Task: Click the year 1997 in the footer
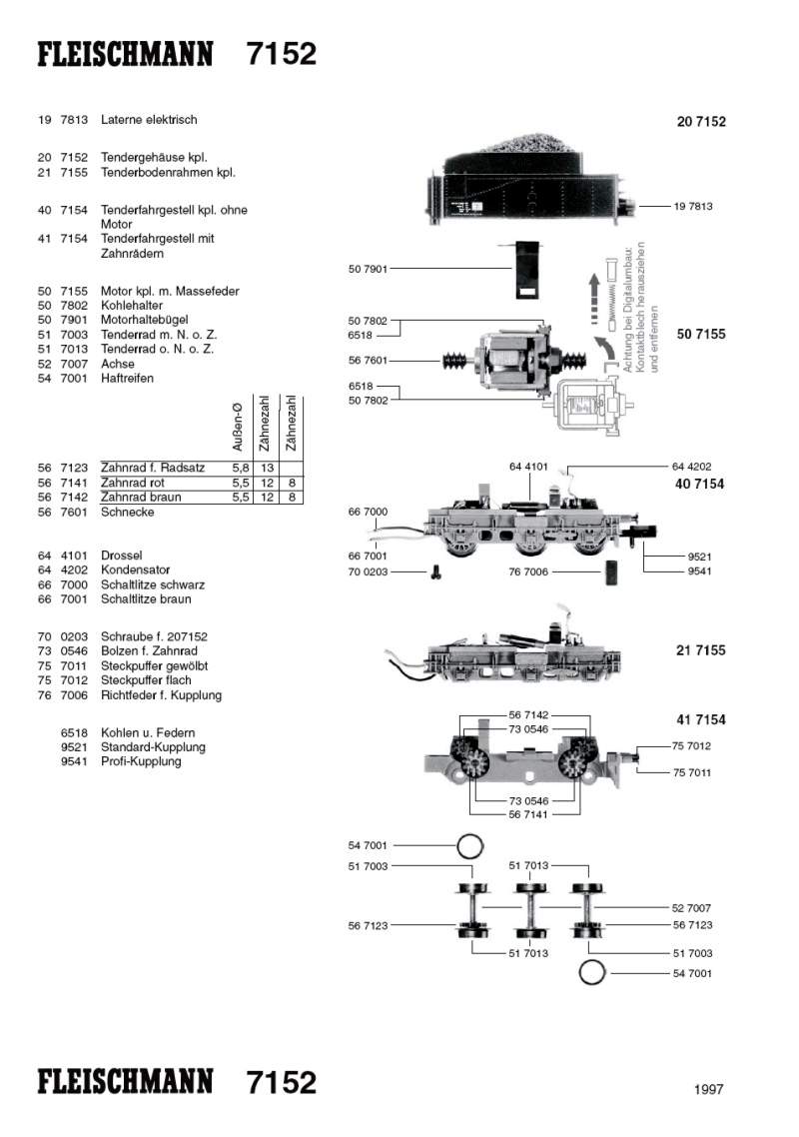[708, 1090]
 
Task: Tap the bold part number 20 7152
[701, 122]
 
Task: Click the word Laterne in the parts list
[122, 120]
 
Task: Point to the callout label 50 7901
[368, 269]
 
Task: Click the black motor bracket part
[525, 270]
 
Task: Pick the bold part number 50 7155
[701, 334]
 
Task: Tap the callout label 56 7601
[368, 360]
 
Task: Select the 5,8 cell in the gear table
[240, 468]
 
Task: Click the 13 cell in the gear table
[267, 468]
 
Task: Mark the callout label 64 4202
[691, 467]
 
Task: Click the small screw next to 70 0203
[436, 572]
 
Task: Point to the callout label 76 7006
[528, 572]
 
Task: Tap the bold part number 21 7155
[701, 650]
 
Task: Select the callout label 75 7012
[692, 746]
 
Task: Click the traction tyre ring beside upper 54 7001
[469, 847]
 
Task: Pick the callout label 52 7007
[692, 908]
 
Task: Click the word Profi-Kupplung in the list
[141, 761]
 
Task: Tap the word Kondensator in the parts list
[135, 570]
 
